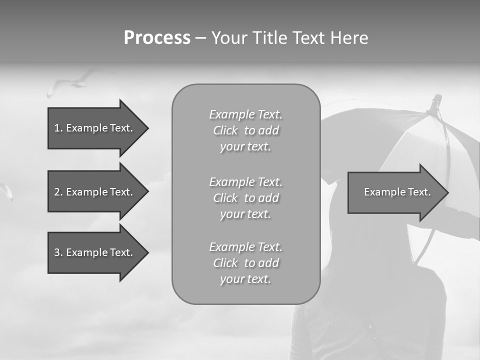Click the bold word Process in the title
[157, 38]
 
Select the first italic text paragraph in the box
[245, 130]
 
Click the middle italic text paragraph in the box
[245, 198]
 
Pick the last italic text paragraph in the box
[245, 263]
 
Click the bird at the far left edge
[6, 191]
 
